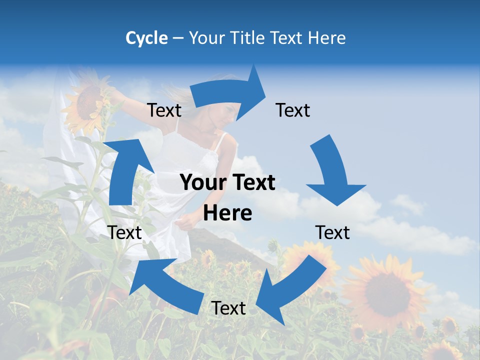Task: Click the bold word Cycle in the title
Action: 146,38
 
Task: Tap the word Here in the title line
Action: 327,38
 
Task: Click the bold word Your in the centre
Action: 199,183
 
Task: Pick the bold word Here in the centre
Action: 227,213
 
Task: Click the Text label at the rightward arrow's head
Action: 292,110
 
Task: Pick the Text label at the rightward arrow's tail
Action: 164,110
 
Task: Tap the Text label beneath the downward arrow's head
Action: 332,232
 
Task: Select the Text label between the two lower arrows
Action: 228,308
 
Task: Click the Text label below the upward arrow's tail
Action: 125,232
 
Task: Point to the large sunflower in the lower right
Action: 383,288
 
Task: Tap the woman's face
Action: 228,112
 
